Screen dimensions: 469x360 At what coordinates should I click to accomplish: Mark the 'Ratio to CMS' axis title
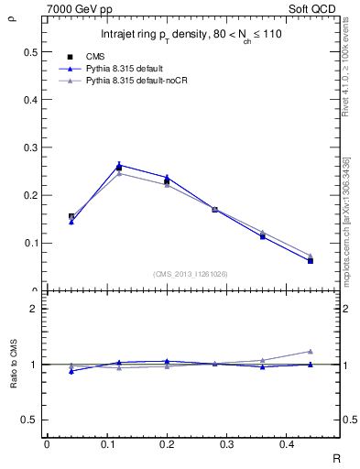pyautogui.click(x=12, y=365)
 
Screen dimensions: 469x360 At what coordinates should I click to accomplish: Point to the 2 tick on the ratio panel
pyautogui.click(x=35, y=309)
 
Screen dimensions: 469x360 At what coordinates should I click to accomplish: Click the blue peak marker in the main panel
pyautogui.click(x=119, y=165)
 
